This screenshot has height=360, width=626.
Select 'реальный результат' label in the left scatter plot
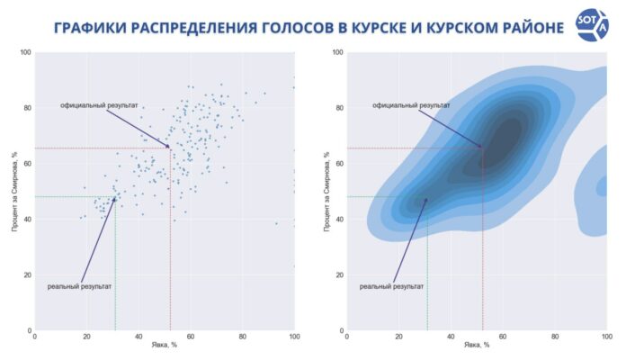pyautogui.click(x=80, y=286)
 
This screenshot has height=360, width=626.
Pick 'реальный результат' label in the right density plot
pyautogui.click(x=392, y=286)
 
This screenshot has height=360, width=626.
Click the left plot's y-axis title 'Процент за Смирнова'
pyautogui.click(x=15, y=191)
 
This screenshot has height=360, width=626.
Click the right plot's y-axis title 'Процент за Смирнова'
pyautogui.click(x=327, y=191)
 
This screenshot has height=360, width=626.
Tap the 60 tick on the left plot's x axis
pyautogui.click(x=191, y=337)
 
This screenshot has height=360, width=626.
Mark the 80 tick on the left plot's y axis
pyautogui.click(x=26, y=109)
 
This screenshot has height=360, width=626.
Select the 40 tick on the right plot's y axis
pyautogui.click(x=338, y=220)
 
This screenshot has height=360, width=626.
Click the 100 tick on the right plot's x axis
pyautogui.click(x=606, y=337)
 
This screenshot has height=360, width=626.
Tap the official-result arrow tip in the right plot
pyautogui.click(x=482, y=147)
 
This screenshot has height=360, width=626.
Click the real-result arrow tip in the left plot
pyautogui.click(x=115, y=197)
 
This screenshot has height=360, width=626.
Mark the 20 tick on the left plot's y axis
pyautogui.click(x=26, y=274)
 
